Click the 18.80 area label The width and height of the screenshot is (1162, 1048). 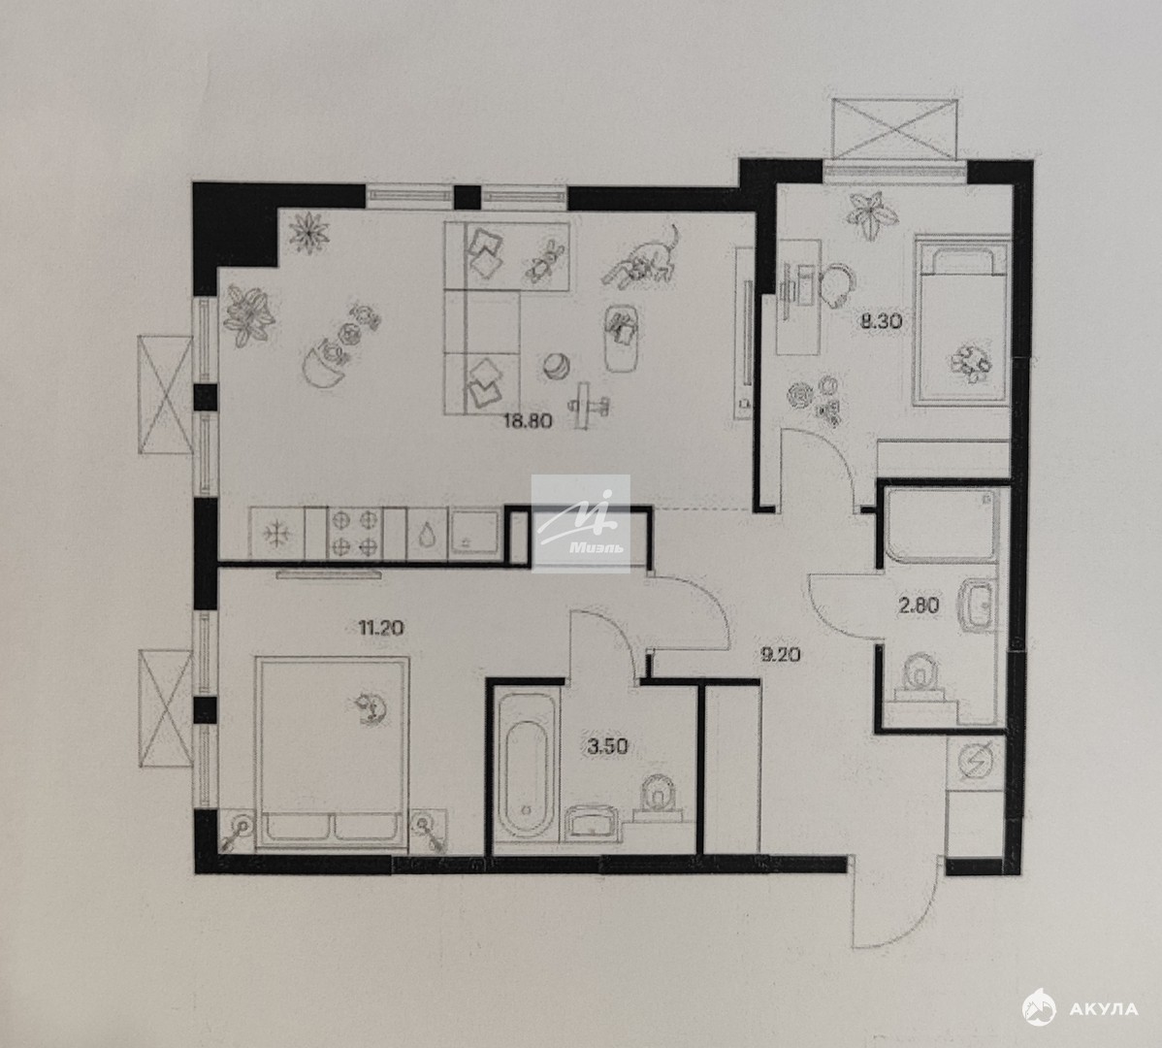click(x=528, y=421)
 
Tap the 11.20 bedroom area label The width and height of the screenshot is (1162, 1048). click(x=381, y=628)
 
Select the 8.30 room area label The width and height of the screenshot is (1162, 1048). click(x=881, y=321)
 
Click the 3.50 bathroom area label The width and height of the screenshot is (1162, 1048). click(x=607, y=745)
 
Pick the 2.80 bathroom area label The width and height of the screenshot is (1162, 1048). click(x=919, y=606)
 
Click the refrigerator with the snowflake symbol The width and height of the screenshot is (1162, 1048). click(x=277, y=533)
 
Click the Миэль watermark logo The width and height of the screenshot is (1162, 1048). click(x=580, y=524)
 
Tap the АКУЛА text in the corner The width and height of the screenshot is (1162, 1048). click(x=1104, y=1009)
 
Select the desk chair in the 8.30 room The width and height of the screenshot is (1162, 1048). click(x=838, y=284)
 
